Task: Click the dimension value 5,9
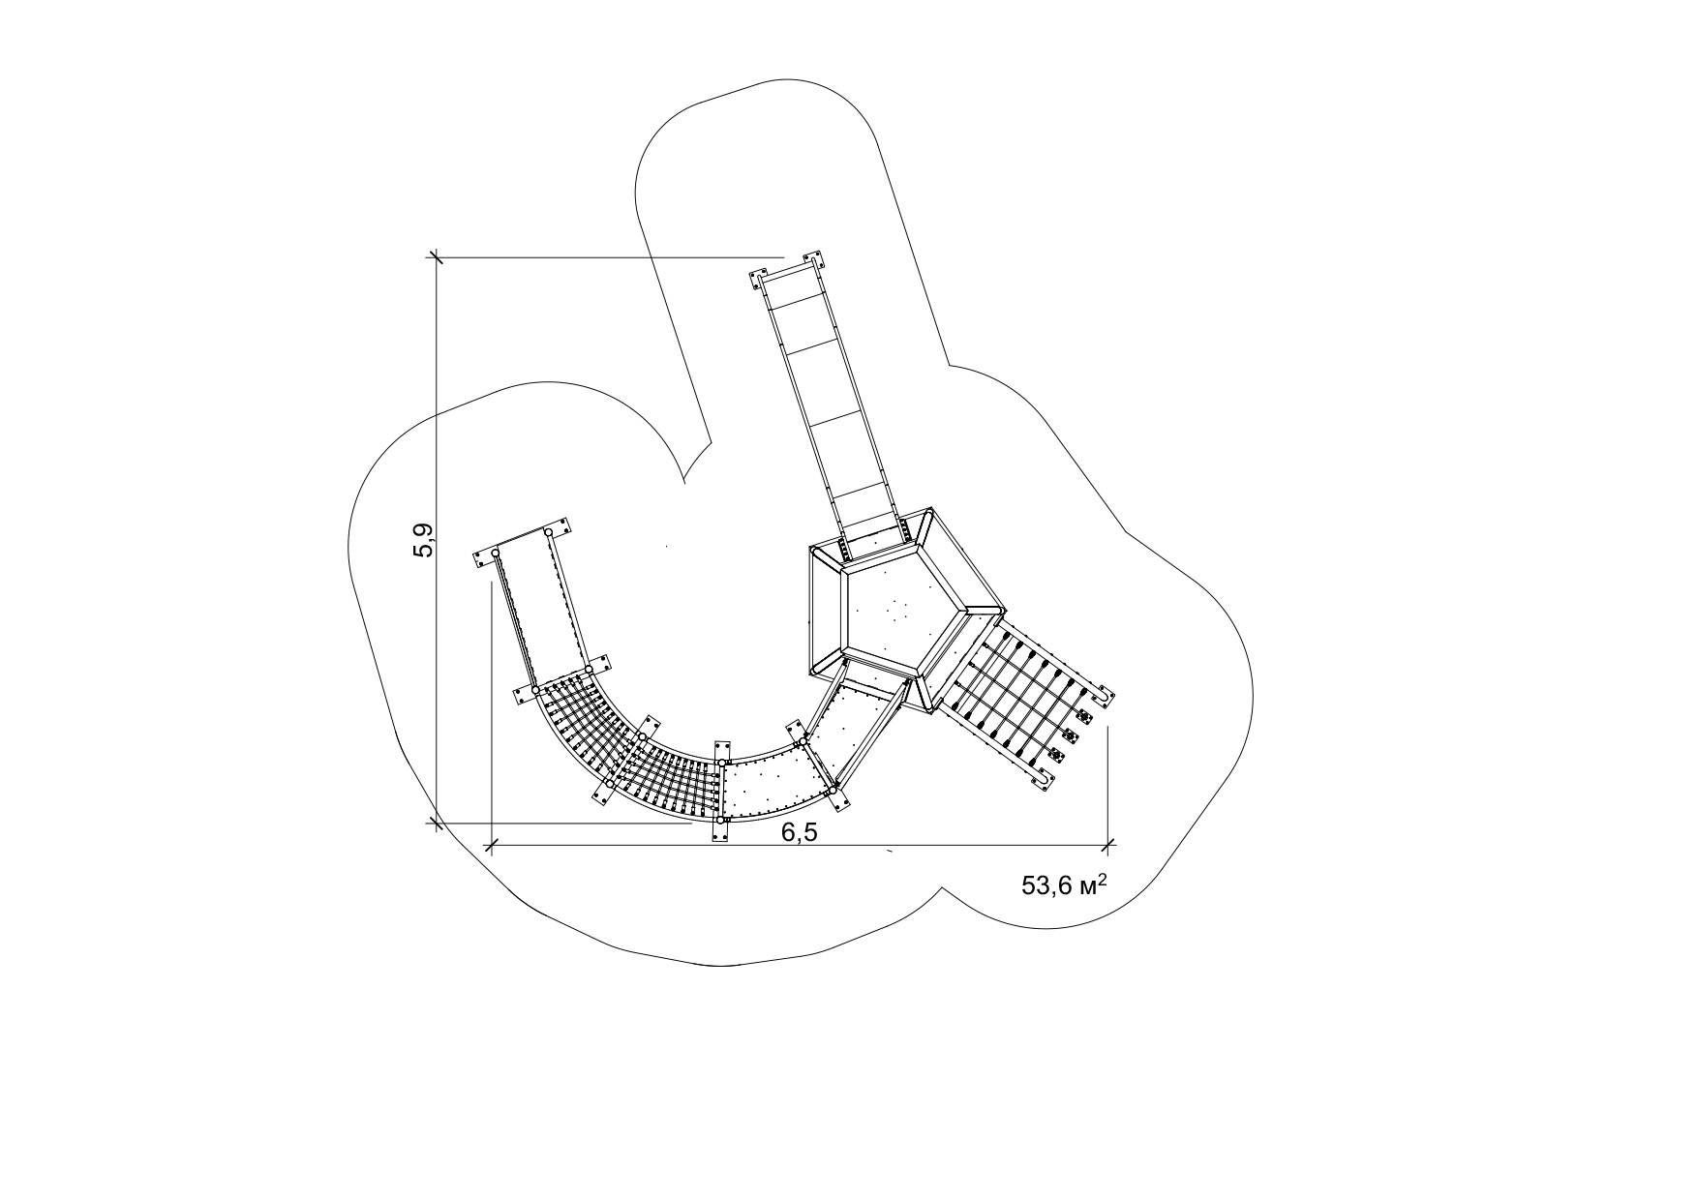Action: coord(424,540)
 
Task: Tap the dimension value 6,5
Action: coord(801,832)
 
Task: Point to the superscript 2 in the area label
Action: coord(1103,879)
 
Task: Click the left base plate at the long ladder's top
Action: coord(758,281)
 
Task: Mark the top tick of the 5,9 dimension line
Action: coord(436,257)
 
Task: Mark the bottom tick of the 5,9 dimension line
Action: coord(436,824)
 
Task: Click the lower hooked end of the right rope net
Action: coord(1044,782)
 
